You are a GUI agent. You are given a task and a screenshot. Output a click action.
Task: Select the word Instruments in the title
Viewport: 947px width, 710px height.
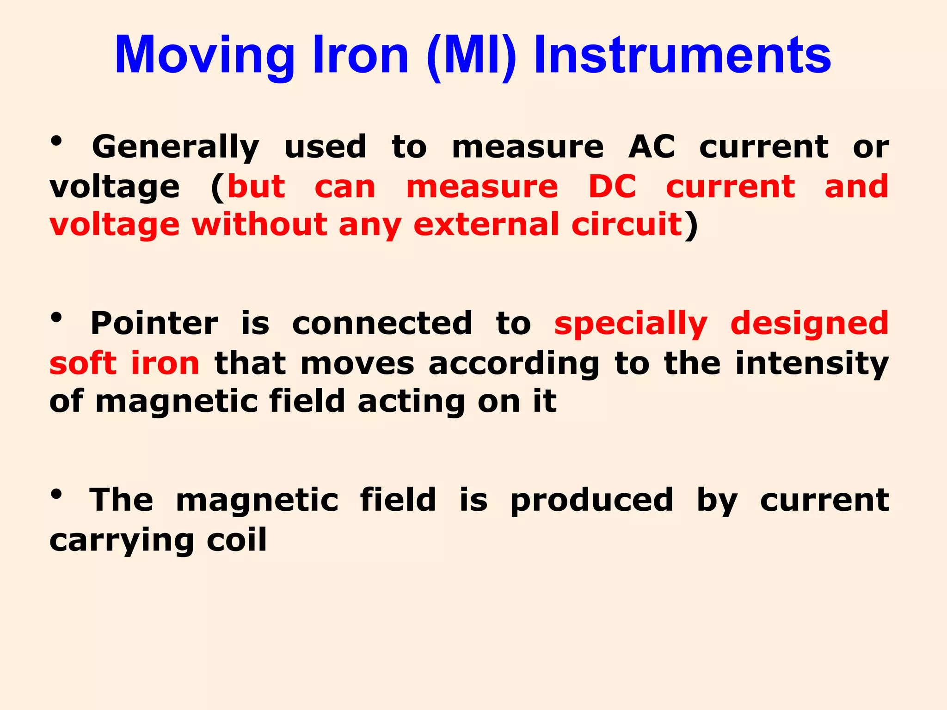pyautogui.click(x=683, y=55)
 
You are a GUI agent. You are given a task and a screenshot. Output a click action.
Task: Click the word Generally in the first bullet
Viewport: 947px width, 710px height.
pyautogui.click(x=175, y=147)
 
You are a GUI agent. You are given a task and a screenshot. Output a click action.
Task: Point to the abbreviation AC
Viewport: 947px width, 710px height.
pyautogui.click(x=651, y=147)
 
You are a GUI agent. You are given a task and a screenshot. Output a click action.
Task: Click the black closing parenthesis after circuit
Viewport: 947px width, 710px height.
pyautogui.click(x=691, y=226)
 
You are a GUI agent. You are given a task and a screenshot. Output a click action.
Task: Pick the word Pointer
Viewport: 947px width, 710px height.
pyautogui.click(x=154, y=323)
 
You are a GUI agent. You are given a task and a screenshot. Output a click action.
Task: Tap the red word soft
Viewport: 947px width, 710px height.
pyautogui.click(x=83, y=363)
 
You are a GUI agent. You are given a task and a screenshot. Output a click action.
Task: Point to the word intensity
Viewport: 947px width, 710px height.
pyautogui.click(x=812, y=364)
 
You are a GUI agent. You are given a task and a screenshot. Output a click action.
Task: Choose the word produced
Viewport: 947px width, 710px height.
pyautogui.click(x=591, y=500)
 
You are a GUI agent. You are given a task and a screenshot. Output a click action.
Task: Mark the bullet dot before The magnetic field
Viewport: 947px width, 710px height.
pyautogui.click(x=56, y=495)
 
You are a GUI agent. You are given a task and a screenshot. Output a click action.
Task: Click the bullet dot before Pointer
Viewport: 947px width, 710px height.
pyautogui.click(x=56, y=318)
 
